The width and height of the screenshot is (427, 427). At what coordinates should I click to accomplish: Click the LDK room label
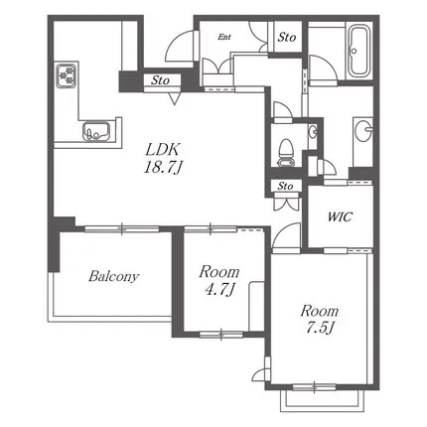(x=163, y=150)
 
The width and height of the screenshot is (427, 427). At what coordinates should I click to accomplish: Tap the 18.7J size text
(x=163, y=168)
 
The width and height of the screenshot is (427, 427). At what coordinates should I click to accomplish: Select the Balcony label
(x=113, y=276)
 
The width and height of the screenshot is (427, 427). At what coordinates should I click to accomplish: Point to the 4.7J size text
(x=219, y=291)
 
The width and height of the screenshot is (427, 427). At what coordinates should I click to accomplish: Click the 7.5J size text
(x=320, y=328)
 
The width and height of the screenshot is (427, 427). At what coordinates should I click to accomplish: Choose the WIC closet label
(x=340, y=217)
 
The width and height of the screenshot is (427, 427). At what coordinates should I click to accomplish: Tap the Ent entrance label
(x=224, y=37)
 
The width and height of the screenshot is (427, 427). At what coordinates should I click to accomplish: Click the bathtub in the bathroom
(x=358, y=51)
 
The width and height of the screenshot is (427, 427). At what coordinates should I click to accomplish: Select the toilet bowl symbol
(x=286, y=153)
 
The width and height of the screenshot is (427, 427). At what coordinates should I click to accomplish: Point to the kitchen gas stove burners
(x=67, y=75)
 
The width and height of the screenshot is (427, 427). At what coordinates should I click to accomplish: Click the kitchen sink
(x=96, y=131)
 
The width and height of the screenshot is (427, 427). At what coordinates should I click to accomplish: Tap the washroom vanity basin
(x=363, y=130)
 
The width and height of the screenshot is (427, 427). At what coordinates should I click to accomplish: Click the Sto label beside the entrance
(x=287, y=37)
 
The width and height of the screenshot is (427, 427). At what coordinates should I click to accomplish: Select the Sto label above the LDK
(x=160, y=80)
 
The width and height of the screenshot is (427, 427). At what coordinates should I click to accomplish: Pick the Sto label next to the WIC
(x=285, y=186)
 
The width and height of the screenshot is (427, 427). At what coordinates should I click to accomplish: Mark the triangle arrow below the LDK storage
(x=174, y=98)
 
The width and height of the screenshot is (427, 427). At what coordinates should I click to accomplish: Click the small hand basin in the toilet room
(x=313, y=132)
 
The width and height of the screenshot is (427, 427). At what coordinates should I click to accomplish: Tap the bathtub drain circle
(x=355, y=51)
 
